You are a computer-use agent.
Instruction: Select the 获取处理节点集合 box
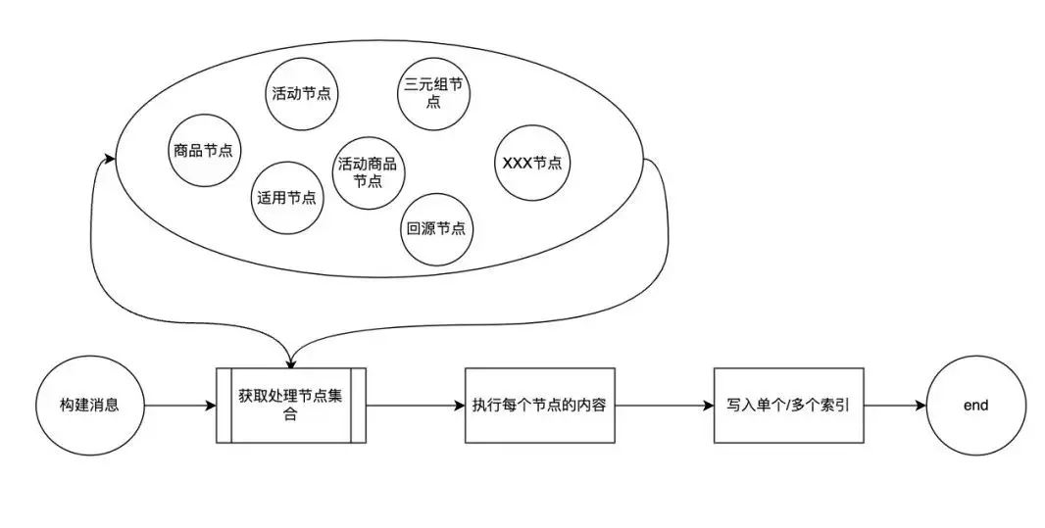[x=290, y=405]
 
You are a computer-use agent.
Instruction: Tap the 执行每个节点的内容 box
[x=539, y=405]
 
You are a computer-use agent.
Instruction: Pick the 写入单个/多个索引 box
[x=788, y=405]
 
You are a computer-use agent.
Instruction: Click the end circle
[x=975, y=405]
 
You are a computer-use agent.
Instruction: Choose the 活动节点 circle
[x=301, y=94]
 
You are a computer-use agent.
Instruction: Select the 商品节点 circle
[x=206, y=151]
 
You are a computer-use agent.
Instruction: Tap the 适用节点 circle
[x=286, y=196]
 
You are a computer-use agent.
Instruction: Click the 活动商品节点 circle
[x=371, y=172]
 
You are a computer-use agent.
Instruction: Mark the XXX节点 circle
[x=531, y=163]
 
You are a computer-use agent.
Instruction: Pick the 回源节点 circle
[x=434, y=228]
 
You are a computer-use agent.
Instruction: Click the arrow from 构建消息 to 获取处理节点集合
[x=180, y=405]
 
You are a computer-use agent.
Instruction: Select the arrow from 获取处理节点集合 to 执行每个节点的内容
[x=414, y=405]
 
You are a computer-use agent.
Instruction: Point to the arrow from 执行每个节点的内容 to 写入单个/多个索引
[x=664, y=405]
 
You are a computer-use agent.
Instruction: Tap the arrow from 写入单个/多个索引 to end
[x=894, y=405]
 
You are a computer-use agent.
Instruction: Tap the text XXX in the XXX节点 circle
[x=516, y=163]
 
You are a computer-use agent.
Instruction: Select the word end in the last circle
[x=975, y=405]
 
